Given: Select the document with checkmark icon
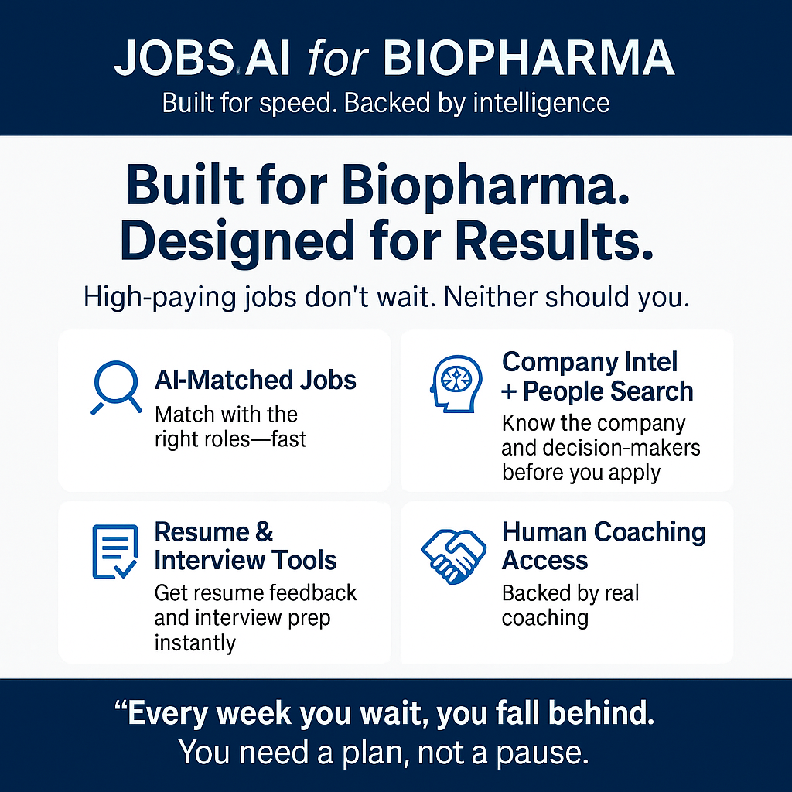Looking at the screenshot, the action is pos(114,551).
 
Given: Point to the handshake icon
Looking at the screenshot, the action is pos(453,557).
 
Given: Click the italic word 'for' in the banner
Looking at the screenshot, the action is pos(338,58).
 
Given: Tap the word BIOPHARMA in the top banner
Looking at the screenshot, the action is pos(528,58).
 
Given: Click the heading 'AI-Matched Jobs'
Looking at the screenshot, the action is pos(255,380).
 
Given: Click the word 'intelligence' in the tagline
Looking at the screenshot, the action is pos(541,104).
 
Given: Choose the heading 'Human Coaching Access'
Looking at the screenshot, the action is pos(603,546).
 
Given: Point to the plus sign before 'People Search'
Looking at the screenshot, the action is pos(509,392).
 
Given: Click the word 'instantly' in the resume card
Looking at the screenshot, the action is pos(195,643).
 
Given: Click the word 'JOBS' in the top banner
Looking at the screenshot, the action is pos(174,59).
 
